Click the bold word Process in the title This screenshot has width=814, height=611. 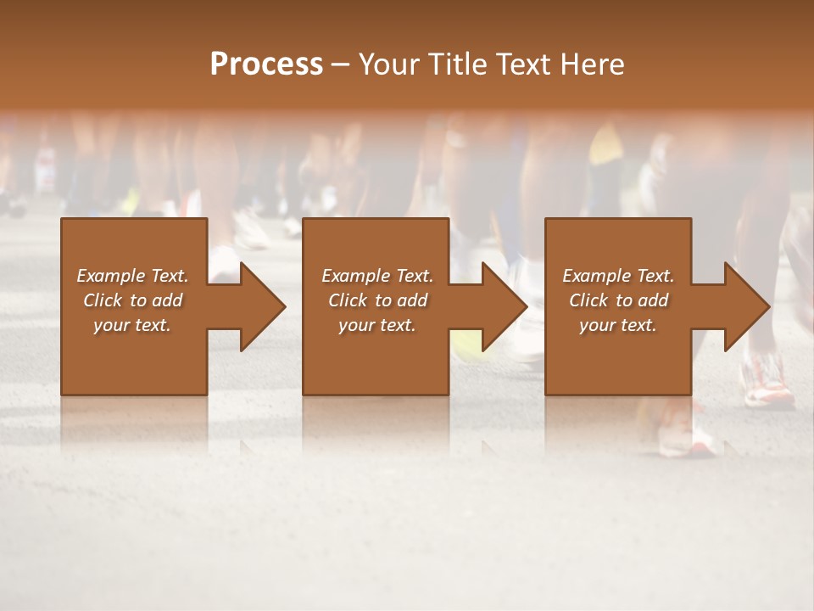(266, 64)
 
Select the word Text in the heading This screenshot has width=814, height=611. (522, 64)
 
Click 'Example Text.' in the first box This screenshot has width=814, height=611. (132, 276)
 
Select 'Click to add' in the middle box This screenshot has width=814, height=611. (377, 300)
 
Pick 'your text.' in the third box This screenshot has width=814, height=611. (617, 325)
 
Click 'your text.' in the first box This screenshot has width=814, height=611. (132, 325)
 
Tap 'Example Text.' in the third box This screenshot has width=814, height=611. (618, 276)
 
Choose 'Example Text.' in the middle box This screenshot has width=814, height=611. (377, 276)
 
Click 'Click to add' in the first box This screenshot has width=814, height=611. (132, 300)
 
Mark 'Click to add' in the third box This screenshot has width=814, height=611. (618, 300)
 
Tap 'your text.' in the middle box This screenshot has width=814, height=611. (376, 325)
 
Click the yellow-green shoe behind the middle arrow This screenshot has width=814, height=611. (464, 343)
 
